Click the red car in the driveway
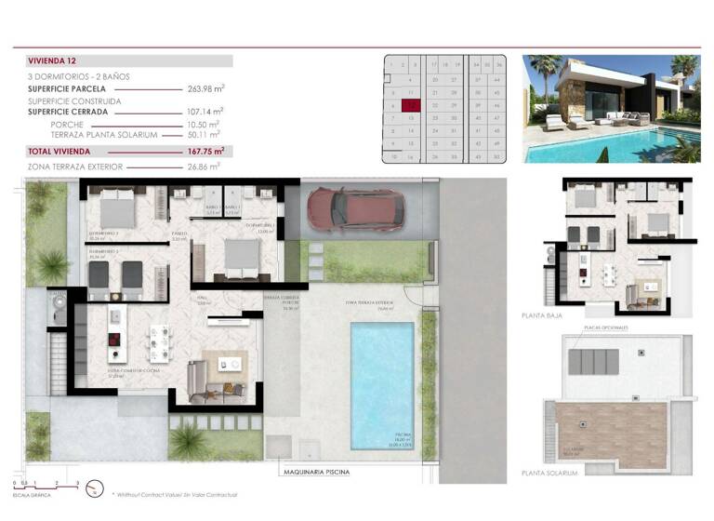point(357,208)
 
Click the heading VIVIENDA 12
point(53,60)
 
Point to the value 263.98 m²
point(205,88)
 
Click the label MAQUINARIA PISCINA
point(318,472)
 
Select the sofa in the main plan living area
point(197,381)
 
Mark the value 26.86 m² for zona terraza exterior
point(202,167)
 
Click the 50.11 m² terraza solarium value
point(203,134)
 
